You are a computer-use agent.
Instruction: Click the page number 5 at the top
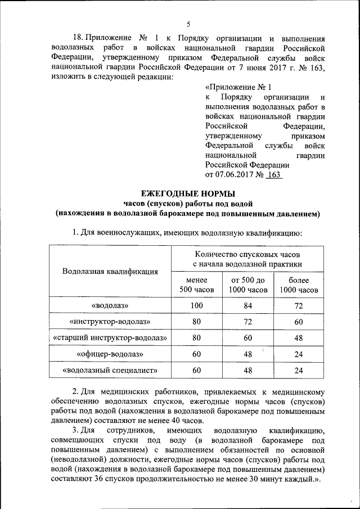(188, 24)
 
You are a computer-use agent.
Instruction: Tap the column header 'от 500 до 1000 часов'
(247, 285)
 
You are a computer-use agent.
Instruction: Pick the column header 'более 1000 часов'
(299, 285)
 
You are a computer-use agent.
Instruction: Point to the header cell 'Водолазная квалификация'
(110, 272)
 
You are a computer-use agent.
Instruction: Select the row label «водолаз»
(110, 306)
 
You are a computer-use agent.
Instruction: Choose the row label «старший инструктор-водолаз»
(110, 338)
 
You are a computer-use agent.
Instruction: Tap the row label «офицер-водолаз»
(110, 354)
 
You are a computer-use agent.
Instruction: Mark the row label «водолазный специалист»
(110, 371)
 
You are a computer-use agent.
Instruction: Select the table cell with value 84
(247, 306)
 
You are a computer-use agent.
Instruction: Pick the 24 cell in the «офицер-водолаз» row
(299, 354)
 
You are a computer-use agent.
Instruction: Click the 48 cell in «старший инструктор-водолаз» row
(299, 338)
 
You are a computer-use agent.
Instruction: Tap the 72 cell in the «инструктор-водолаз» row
(247, 322)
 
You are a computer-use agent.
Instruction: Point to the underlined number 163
(274, 175)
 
